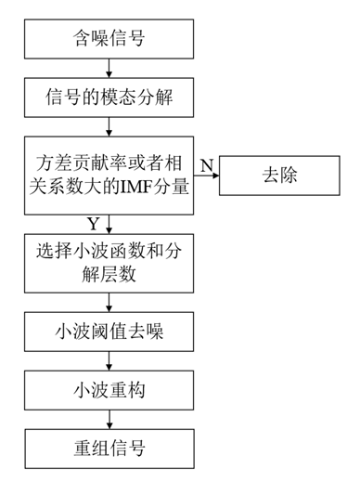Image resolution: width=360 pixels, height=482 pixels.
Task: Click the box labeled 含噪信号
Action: (x=109, y=39)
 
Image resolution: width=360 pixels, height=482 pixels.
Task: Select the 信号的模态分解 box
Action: (x=109, y=96)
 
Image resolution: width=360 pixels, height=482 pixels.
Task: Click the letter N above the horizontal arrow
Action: (x=207, y=163)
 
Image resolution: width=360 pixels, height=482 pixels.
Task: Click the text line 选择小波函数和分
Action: (x=109, y=251)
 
